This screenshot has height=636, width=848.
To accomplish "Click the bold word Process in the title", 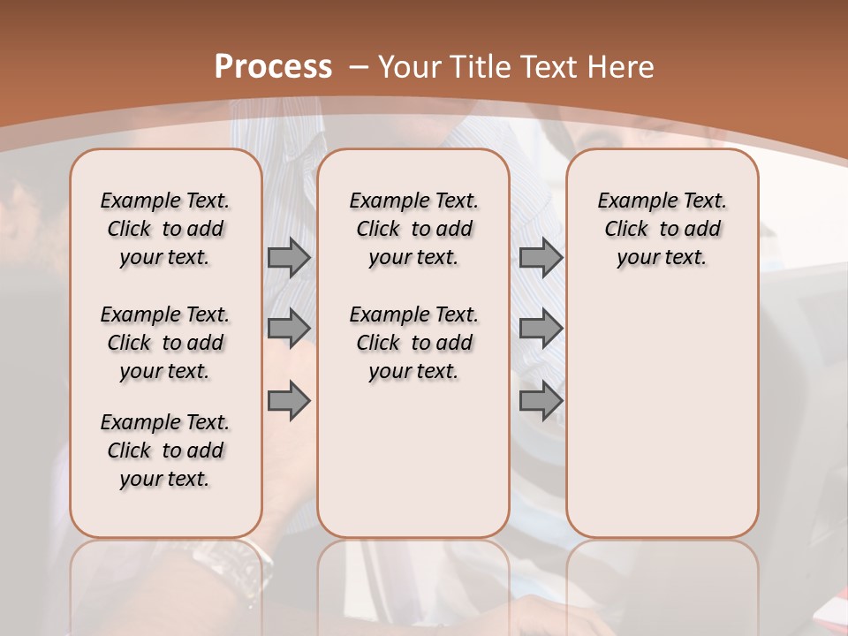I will [273, 67].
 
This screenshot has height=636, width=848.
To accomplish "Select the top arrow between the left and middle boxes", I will [289, 258].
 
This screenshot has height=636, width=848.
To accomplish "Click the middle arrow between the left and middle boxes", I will [289, 329].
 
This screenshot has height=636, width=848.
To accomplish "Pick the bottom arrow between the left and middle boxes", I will [289, 400].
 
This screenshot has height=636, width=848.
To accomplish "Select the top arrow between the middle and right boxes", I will [541, 258].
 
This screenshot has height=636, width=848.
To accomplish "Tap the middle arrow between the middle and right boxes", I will [541, 329].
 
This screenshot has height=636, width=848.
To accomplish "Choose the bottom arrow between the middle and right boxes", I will [541, 400].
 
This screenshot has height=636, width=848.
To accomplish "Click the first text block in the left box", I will [165, 229].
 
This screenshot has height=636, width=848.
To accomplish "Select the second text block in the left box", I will [165, 343].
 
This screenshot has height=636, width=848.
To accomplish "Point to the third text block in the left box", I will [165, 450].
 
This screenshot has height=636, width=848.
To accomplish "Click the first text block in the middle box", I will [414, 229].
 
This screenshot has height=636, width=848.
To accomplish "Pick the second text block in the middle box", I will [414, 343].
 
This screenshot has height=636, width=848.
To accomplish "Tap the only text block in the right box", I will [662, 229].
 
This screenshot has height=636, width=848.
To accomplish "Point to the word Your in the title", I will [411, 67].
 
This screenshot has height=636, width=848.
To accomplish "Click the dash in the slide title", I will [359, 67].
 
